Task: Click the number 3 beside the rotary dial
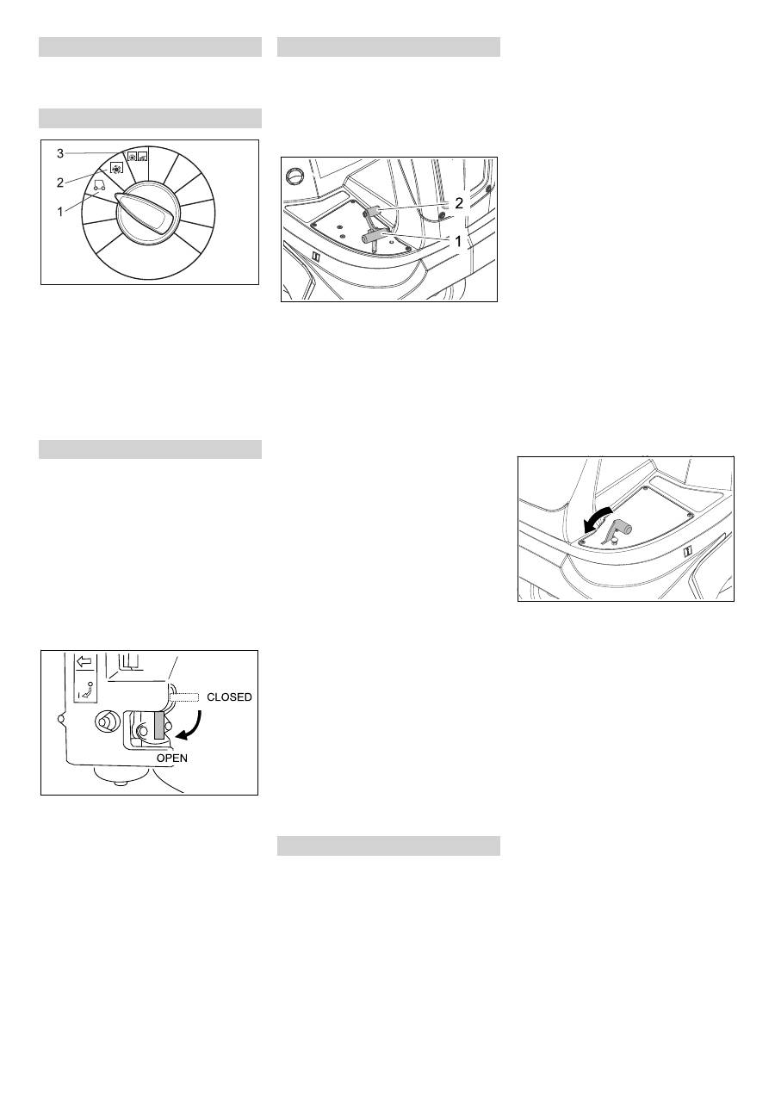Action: point(60,153)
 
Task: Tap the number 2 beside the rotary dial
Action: point(60,183)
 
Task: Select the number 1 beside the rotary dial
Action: point(60,213)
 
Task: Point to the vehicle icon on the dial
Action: point(99,184)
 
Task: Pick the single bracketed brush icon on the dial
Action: point(116,168)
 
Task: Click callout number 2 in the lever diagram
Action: point(459,203)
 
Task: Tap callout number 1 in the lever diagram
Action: point(458,241)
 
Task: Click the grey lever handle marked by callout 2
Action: point(372,212)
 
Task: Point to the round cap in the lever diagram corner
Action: point(295,175)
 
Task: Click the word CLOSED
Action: point(229,697)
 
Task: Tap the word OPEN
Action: point(171,758)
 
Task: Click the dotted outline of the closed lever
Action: point(184,697)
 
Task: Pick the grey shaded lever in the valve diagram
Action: point(159,725)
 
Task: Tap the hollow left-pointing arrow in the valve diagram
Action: point(84,662)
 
